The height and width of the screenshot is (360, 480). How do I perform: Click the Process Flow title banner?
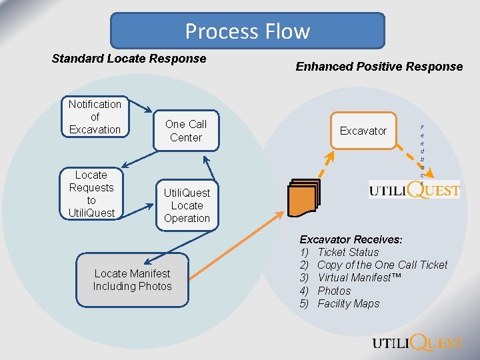pyautogui.click(x=247, y=31)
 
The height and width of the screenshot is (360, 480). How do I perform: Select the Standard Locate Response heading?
pyautogui.click(x=129, y=59)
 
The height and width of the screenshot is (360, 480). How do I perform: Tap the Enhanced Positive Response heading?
pyautogui.click(x=379, y=66)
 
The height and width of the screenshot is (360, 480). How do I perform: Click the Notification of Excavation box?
pyautogui.click(x=95, y=117)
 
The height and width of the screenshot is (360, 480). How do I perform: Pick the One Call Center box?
pyautogui.click(x=185, y=131)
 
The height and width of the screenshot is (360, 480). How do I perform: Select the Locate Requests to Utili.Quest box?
pyautogui.click(x=91, y=194)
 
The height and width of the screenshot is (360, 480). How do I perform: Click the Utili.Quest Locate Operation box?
pyautogui.click(x=187, y=205)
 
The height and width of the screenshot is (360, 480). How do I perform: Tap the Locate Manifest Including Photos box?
pyautogui.click(x=132, y=280)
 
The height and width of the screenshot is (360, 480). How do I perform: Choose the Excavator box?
pyautogui.click(x=363, y=131)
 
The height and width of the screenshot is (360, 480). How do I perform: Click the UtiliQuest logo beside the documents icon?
pyautogui.click(x=414, y=190)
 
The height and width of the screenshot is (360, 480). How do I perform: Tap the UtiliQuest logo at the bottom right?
pyautogui.click(x=417, y=343)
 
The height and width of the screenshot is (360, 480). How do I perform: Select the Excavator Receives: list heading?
pyautogui.click(x=351, y=239)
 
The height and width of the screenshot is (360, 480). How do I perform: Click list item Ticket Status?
pyautogui.click(x=347, y=252)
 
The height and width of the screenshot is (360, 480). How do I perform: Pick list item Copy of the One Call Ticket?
pyautogui.click(x=382, y=265)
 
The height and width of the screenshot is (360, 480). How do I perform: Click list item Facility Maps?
pyautogui.click(x=348, y=303)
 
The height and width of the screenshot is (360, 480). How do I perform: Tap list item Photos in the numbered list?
pyautogui.click(x=334, y=291)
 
